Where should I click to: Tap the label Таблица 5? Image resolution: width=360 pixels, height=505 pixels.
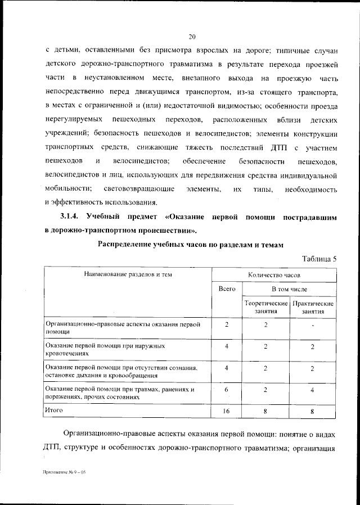pyautogui.click(x=319, y=259)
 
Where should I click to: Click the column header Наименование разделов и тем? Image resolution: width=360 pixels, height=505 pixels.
pyautogui.click(x=127, y=274)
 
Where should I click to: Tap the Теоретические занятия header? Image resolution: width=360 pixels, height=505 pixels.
pyautogui.click(x=265, y=307)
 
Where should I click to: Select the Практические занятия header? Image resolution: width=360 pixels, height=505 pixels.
pyautogui.click(x=312, y=307)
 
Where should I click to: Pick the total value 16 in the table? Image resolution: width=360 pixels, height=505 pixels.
pyautogui.click(x=226, y=412)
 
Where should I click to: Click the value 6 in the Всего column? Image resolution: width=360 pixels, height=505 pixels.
pyautogui.click(x=226, y=390)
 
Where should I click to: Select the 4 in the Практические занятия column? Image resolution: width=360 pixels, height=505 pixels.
pyautogui.click(x=312, y=390)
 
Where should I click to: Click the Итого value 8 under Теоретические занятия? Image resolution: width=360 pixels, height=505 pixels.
pyautogui.click(x=265, y=412)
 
